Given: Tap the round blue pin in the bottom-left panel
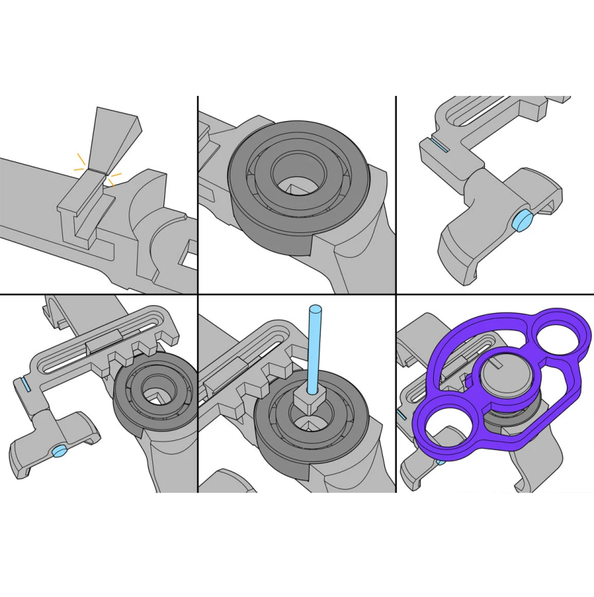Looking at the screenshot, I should point(61,450).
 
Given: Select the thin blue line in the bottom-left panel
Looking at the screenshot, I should point(26,384).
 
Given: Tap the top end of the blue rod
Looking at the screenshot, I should point(315,309).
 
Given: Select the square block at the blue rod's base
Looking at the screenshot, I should point(310,401).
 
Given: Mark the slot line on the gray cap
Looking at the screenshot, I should point(498,364).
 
